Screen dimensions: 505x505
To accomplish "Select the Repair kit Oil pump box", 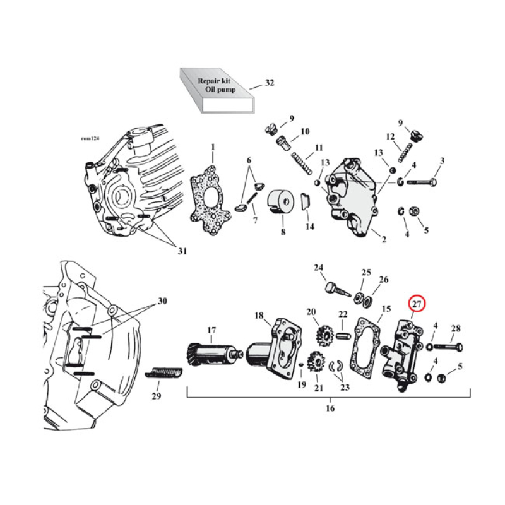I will click(215, 92).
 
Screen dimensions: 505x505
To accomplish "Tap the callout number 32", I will click(270, 83).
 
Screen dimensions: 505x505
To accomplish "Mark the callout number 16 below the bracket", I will click(330, 408).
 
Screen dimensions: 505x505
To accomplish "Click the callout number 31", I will click(182, 252).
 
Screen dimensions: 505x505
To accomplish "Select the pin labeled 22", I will click(343, 335).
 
